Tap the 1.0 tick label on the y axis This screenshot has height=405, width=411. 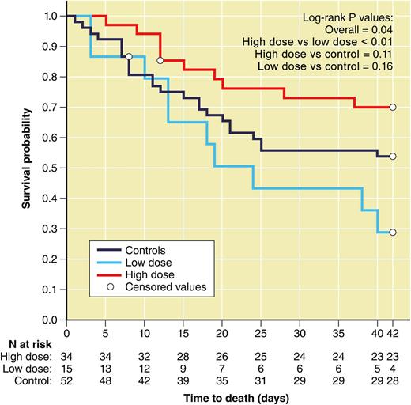(51, 16)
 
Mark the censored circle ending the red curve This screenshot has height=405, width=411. (393, 107)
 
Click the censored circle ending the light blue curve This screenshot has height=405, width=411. (393, 233)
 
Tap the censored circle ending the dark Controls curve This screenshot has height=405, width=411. (393, 157)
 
